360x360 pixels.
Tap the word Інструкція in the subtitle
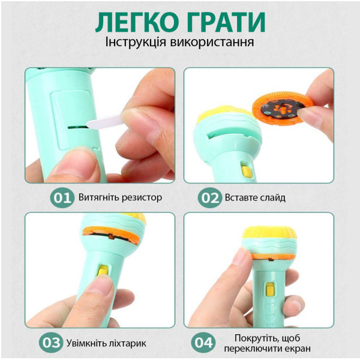click(x=136, y=42)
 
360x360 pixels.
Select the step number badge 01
click(x=62, y=197)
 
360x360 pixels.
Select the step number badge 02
click(x=210, y=197)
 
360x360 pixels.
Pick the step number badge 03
click(x=51, y=343)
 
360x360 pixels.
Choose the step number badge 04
click(x=203, y=343)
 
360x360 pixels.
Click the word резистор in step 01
click(x=142, y=197)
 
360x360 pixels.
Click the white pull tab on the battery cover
click(x=104, y=121)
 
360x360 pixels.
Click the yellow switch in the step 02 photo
click(x=247, y=170)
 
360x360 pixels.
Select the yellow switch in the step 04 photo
click(x=270, y=289)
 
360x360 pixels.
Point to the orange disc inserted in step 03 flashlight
click(x=112, y=235)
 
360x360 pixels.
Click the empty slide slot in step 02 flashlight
click(x=229, y=134)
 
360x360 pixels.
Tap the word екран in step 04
click(x=298, y=349)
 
